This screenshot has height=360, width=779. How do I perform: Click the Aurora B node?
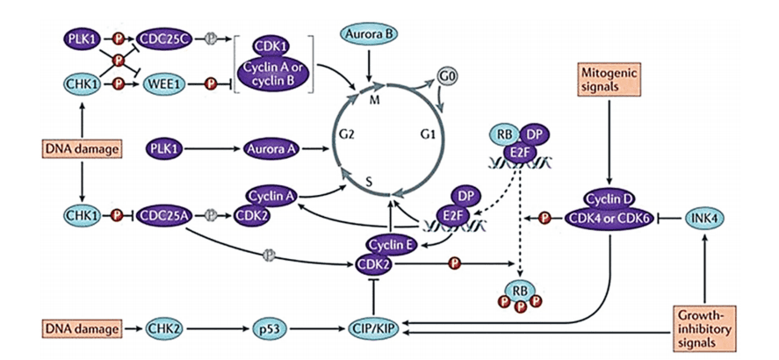click(369, 33)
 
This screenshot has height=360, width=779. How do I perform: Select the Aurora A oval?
click(270, 148)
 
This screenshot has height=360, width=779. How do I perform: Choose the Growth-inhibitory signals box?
click(704, 328)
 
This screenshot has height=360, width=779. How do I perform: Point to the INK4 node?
click(704, 217)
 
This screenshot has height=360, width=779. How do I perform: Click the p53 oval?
click(268, 328)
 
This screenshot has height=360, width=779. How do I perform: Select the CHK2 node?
click(165, 328)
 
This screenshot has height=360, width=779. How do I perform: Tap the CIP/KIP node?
click(373, 328)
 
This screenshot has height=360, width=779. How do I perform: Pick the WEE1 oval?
click(163, 84)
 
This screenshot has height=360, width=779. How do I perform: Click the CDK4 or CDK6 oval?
click(609, 219)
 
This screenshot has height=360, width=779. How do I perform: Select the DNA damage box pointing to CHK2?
click(81, 328)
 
